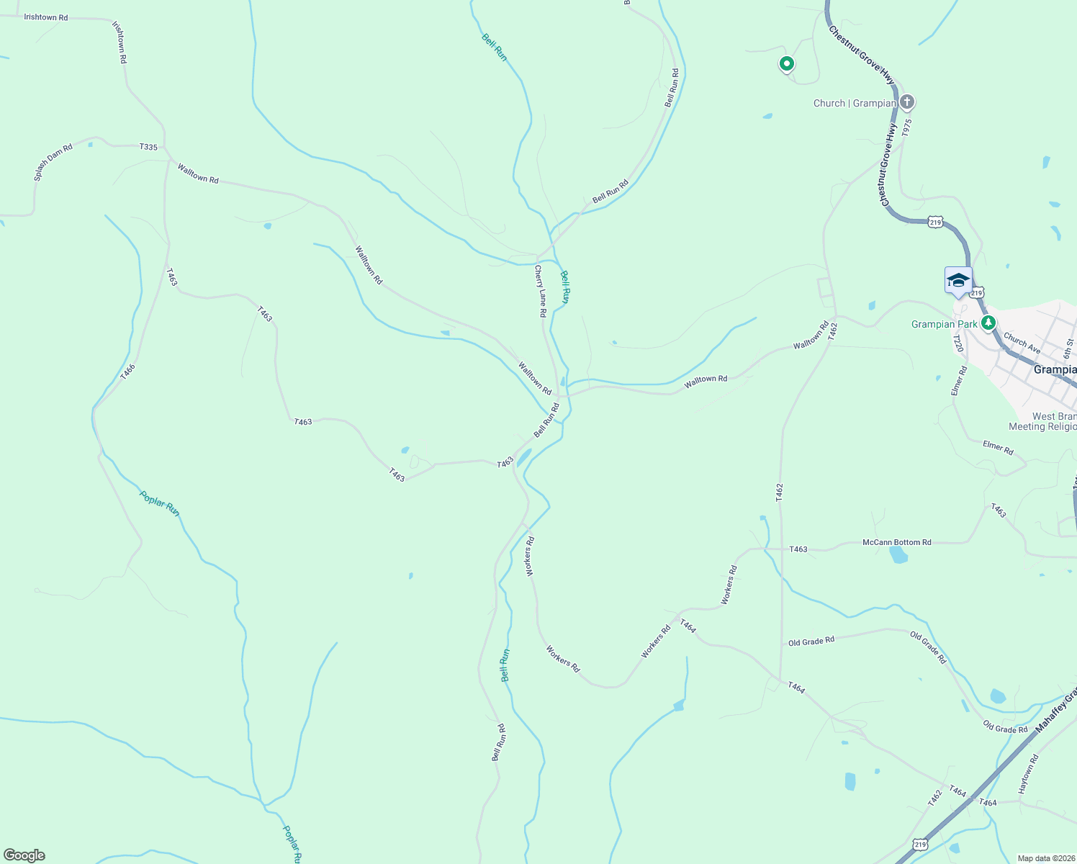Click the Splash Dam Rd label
click(x=54, y=162)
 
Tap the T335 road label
click(x=148, y=147)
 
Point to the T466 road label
click(x=127, y=372)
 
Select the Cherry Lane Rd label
click(x=540, y=292)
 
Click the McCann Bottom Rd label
click(x=896, y=542)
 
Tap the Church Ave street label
click(x=1022, y=343)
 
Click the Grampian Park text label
click(x=945, y=324)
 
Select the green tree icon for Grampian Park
click(x=990, y=323)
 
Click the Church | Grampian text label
click(x=855, y=103)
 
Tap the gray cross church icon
click(x=907, y=102)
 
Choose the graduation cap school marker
click(x=958, y=280)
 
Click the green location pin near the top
click(x=787, y=64)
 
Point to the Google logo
click(x=24, y=855)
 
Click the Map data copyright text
click(x=1046, y=858)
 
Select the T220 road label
click(x=957, y=343)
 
